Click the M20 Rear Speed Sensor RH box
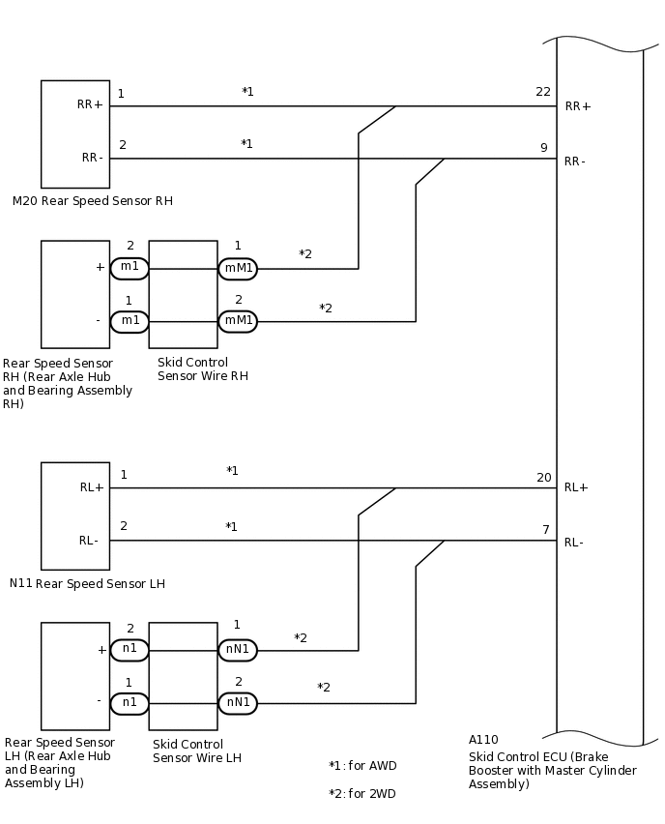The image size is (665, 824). click(x=75, y=133)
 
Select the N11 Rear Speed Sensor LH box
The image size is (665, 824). click(x=75, y=515)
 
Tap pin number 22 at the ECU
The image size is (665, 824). click(x=543, y=92)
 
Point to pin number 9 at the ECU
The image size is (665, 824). click(x=543, y=148)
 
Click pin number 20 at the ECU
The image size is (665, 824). click(x=543, y=478)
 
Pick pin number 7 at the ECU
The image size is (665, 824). click(x=545, y=530)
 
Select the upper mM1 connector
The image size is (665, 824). click(x=238, y=268)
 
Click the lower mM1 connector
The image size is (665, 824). click(x=238, y=321)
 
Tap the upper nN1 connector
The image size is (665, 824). click(x=238, y=650)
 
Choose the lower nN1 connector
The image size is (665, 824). click(x=238, y=703)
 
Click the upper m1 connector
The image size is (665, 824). click(x=130, y=268)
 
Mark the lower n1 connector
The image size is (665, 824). click(x=130, y=703)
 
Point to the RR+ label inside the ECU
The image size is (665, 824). click(x=578, y=106)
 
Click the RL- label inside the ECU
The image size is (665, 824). click(x=574, y=543)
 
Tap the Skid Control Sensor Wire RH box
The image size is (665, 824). click(x=183, y=294)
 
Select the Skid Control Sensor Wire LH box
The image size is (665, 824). click(x=183, y=676)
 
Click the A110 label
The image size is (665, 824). click(x=483, y=741)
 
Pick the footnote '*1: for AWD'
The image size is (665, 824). click(x=362, y=766)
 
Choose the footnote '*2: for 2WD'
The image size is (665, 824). click(x=362, y=794)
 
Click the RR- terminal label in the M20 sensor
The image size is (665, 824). click(x=92, y=158)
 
